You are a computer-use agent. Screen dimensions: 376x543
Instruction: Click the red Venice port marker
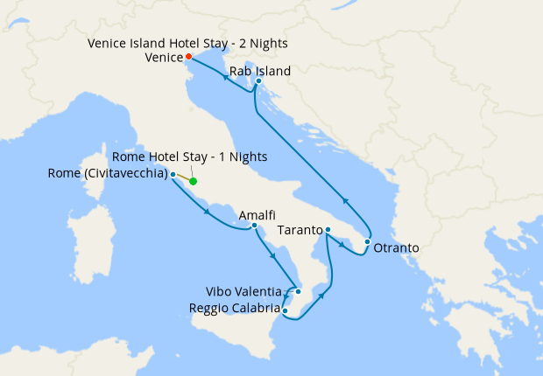pos(188,58)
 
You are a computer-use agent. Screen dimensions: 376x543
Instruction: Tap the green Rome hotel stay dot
pos(194,182)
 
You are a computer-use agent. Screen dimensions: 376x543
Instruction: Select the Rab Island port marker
pos(258,81)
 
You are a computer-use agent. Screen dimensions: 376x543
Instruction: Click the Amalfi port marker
pos(254,226)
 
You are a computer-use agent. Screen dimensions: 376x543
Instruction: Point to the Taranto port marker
pos(327,231)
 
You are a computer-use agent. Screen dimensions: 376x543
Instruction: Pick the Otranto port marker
pos(368,241)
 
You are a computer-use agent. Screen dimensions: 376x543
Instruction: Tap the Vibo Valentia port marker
pos(299,291)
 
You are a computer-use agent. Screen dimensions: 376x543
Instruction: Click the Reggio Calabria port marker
pos(286,310)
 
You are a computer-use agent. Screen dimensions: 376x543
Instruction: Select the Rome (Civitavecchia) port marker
pos(173,175)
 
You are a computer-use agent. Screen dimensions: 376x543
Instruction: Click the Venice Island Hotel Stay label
pos(187,43)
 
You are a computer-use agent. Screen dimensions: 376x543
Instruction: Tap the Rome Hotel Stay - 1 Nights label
pos(190,157)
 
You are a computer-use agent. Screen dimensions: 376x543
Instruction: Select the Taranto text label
pos(300,231)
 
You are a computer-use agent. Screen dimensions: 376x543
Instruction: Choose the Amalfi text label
pos(257,213)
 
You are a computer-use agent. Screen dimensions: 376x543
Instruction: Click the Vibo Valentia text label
pos(244,291)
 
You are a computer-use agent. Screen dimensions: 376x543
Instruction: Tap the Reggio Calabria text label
pos(235,308)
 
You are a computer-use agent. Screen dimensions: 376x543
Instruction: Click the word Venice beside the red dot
pos(163,59)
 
